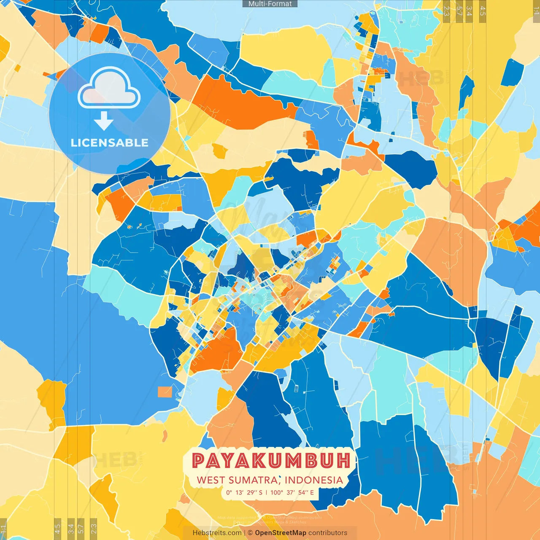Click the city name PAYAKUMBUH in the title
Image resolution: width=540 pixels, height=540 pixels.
[x=271, y=461]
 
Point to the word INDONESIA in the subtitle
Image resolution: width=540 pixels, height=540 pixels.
[x=313, y=480]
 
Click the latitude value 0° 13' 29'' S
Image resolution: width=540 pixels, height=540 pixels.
[x=244, y=492]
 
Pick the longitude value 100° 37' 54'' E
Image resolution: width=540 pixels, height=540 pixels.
[x=292, y=492]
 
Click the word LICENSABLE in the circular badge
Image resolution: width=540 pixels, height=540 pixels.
[x=109, y=143]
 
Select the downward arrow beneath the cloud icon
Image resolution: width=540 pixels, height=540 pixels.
[x=104, y=121]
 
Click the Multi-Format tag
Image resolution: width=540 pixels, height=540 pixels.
[x=270, y=4]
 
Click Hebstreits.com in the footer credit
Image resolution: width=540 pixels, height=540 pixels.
[x=217, y=533]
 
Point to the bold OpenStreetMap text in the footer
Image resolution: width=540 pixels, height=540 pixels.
[x=280, y=533]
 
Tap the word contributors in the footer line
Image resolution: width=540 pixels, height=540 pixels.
[x=328, y=533]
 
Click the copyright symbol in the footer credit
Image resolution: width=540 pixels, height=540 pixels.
[x=250, y=533]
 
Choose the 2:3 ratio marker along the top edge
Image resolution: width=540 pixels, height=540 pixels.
[x=446, y=11]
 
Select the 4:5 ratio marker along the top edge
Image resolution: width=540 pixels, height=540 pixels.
[x=482, y=11]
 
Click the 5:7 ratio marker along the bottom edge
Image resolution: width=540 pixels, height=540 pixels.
[x=81, y=528]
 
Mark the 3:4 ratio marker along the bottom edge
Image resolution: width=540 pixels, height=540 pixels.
[x=71, y=528]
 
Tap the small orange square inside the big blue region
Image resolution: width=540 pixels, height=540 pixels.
[x=165, y=392]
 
